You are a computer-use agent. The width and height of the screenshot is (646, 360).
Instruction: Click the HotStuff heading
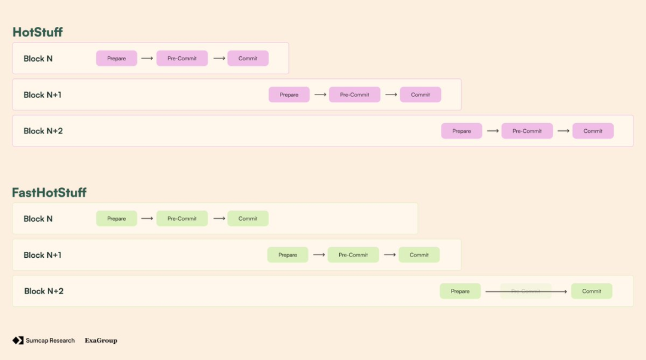pyautogui.click(x=37, y=32)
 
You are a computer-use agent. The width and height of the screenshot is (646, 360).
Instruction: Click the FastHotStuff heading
pyautogui.click(x=49, y=193)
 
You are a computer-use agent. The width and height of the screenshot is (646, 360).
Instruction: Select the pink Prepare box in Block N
pyautogui.click(x=117, y=59)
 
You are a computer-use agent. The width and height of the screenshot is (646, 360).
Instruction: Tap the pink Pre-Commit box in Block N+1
pyautogui.click(x=354, y=94)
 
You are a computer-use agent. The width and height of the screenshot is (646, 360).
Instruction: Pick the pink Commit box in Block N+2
pyautogui.click(x=593, y=131)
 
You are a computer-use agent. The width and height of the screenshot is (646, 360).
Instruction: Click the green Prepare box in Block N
pyautogui.click(x=117, y=219)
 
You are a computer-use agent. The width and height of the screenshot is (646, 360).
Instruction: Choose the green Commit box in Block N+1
pyautogui.click(x=419, y=255)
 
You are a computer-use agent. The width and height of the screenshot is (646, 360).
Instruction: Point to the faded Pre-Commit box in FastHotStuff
pyautogui.click(x=526, y=291)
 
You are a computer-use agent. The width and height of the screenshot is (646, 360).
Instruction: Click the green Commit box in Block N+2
pyautogui.click(x=592, y=291)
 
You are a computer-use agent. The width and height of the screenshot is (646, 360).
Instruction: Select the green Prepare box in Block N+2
pyautogui.click(x=460, y=291)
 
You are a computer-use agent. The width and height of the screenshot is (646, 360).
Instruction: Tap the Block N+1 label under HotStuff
pyautogui.click(x=42, y=95)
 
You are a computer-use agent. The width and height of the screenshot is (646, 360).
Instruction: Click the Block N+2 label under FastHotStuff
pyautogui.click(x=44, y=291)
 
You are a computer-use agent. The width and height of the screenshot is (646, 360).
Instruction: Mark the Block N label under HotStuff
pyautogui.click(x=38, y=59)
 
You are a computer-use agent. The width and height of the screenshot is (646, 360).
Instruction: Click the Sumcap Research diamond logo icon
pyautogui.click(x=18, y=340)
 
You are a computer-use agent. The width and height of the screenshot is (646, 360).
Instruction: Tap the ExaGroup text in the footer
pyautogui.click(x=100, y=340)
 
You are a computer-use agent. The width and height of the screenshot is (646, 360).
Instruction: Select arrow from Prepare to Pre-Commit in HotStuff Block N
pyautogui.click(x=147, y=59)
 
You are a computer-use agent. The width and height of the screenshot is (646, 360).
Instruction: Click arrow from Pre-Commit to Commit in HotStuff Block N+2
pyautogui.click(x=563, y=131)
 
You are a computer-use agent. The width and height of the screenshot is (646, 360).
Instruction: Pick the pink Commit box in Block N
pyautogui.click(x=248, y=59)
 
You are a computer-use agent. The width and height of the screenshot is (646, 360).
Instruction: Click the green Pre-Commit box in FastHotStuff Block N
pyautogui.click(x=182, y=219)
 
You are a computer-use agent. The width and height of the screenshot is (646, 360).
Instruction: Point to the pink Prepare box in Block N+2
pyautogui.click(x=461, y=131)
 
